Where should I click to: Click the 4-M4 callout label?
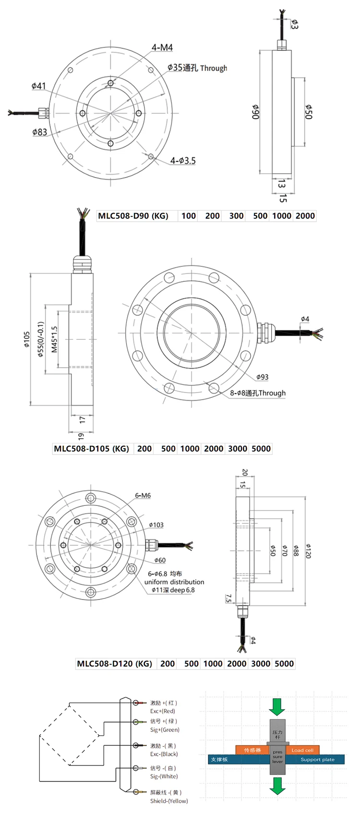(x=162, y=48)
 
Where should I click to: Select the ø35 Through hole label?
(x=197, y=68)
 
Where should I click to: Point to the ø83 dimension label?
(x=39, y=132)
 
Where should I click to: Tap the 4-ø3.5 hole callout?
(x=183, y=161)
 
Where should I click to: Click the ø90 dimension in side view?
(x=255, y=111)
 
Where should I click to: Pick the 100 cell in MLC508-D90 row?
(x=188, y=216)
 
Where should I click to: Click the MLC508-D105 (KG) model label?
(x=91, y=449)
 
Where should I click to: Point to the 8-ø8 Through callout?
(x=257, y=393)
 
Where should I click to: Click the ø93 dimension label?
(x=262, y=377)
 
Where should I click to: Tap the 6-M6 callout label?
(x=143, y=495)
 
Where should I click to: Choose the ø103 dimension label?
(x=156, y=525)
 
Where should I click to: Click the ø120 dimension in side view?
(x=308, y=550)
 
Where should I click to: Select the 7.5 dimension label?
(x=228, y=598)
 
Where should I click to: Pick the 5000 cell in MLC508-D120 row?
(x=284, y=664)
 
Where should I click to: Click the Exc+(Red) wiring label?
(x=163, y=711)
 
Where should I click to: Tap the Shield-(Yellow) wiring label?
(x=169, y=801)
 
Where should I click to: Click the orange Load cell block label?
(x=302, y=750)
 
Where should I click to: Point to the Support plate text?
(x=317, y=760)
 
